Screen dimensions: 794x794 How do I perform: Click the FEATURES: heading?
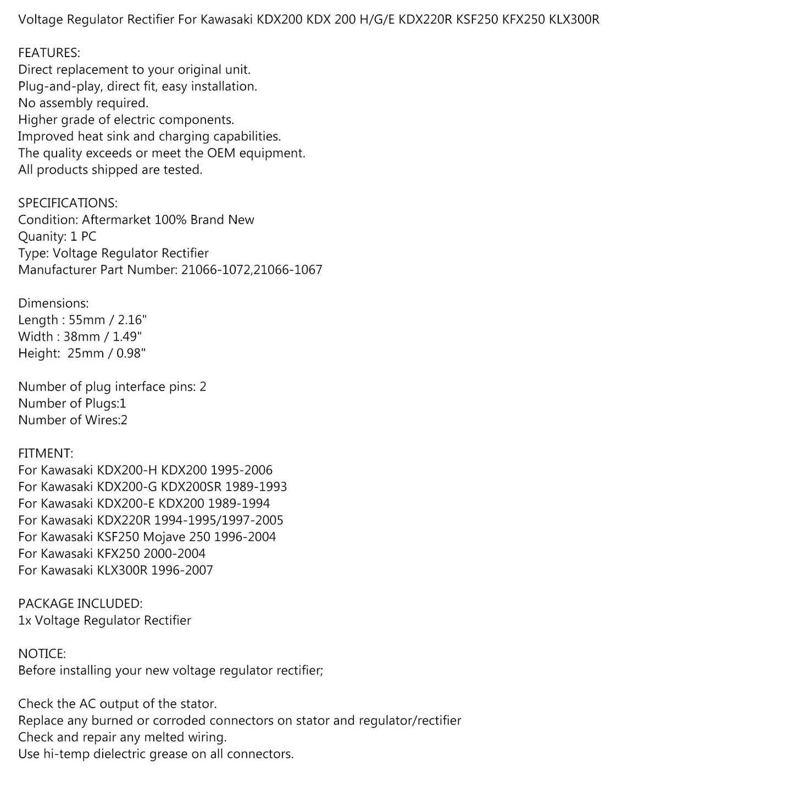(x=49, y=53)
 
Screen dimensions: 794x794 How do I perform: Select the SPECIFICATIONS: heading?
(x=68, y=203)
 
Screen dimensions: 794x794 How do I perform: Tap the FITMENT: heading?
(x=45, y=454)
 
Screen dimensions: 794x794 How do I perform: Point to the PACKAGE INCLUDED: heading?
(x=80, y=604)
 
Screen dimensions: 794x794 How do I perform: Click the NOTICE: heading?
(x=42, y=654)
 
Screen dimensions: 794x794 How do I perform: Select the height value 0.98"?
(x=131, y=353)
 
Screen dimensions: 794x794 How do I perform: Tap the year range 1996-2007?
(x=182, y=570)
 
